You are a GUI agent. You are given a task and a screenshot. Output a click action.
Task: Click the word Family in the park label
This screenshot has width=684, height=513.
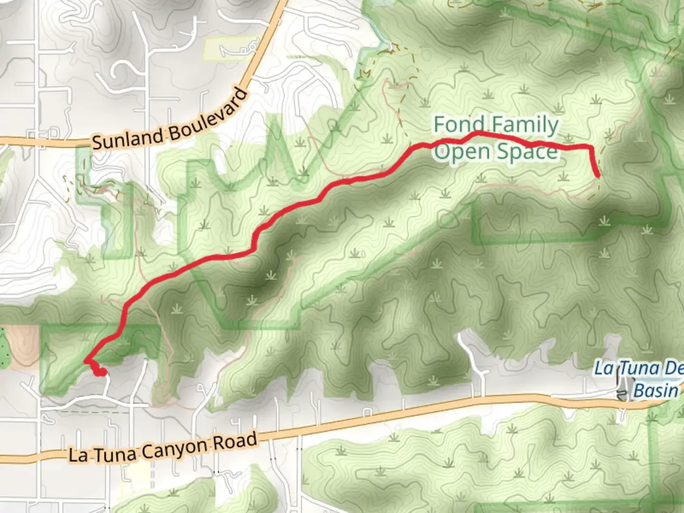tap(525, 125)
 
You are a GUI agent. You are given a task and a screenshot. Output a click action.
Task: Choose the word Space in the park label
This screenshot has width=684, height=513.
tap(527, 152)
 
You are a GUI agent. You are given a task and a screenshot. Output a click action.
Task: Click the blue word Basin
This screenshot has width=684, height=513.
tap(655, 390)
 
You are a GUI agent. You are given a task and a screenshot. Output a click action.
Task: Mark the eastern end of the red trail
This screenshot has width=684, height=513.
tap(598, 176)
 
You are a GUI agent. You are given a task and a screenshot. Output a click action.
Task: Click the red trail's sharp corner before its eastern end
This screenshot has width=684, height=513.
tap(590, 146)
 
